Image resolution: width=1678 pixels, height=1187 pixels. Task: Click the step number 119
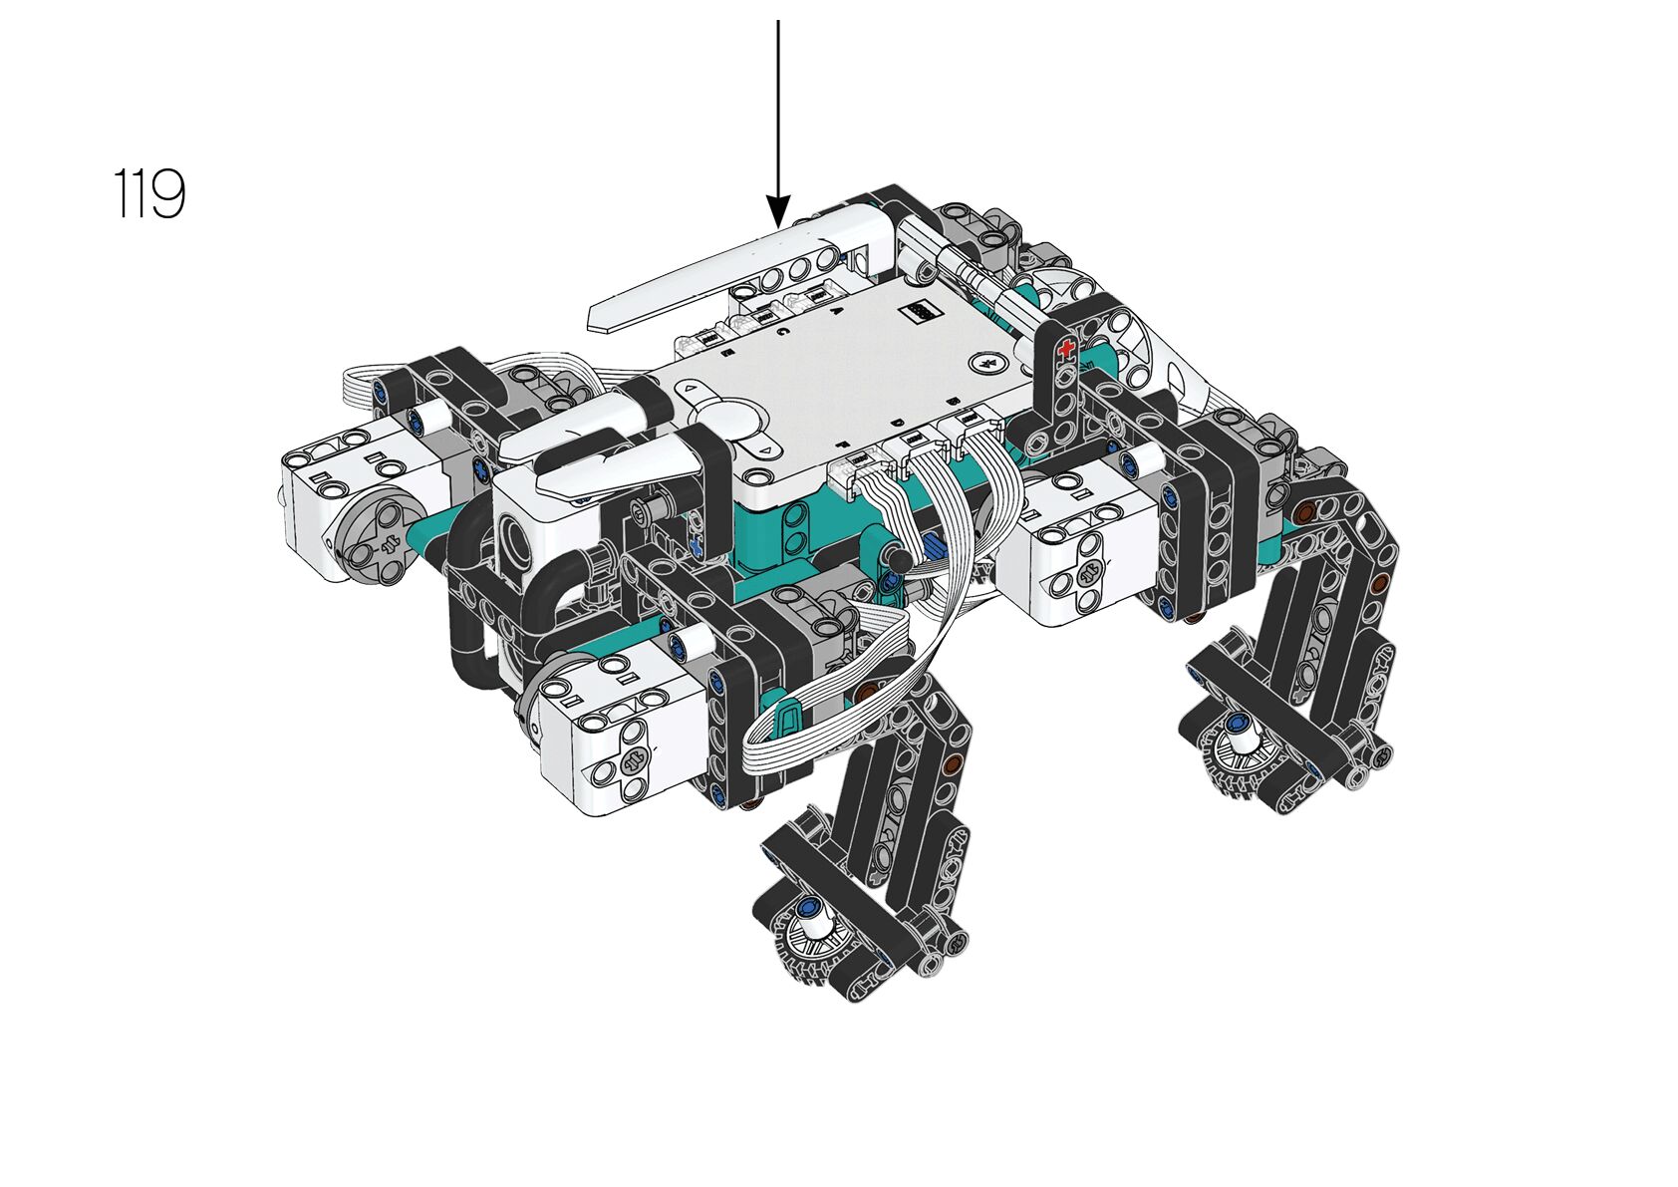[x=149, y=193]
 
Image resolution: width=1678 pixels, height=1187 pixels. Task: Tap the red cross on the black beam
[x=1064, y=349]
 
